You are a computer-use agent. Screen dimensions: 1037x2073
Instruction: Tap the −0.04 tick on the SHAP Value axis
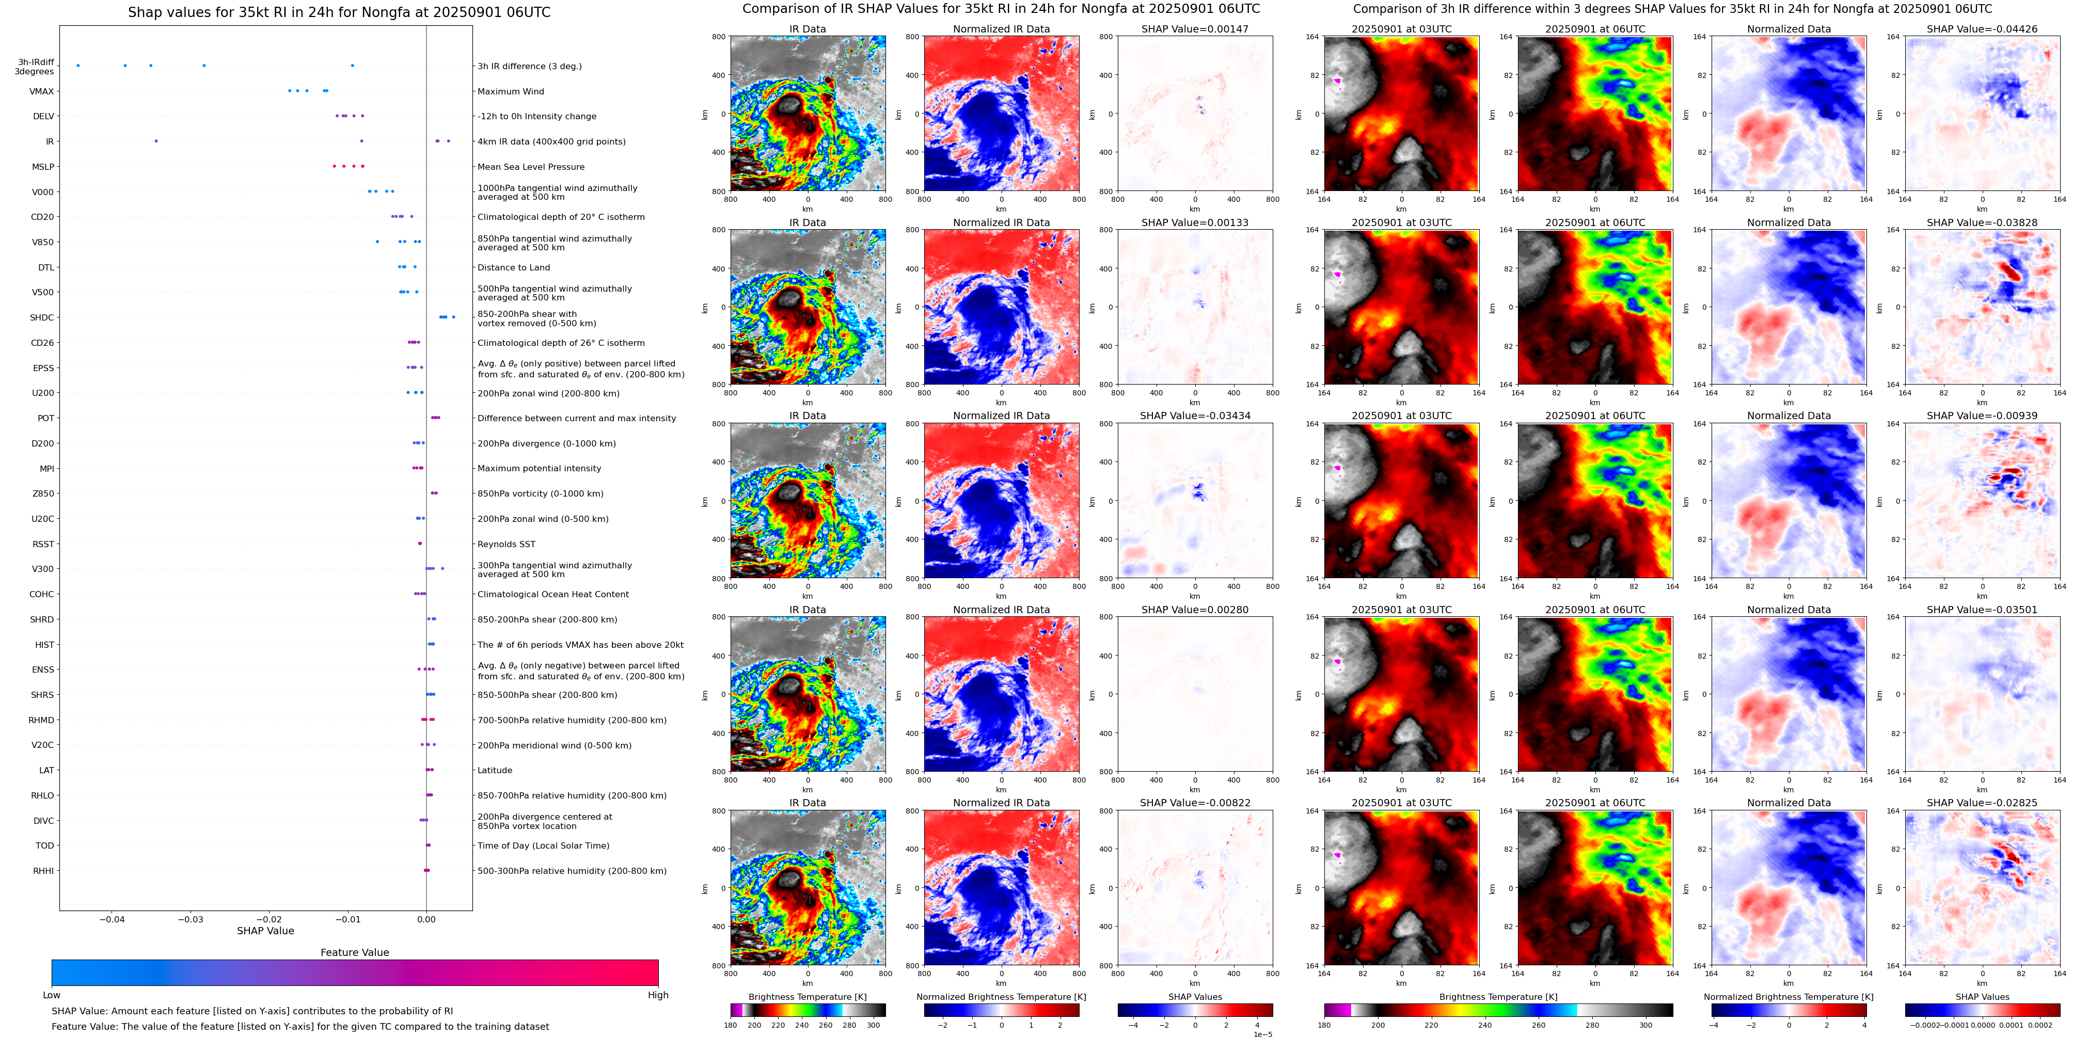point(112,919)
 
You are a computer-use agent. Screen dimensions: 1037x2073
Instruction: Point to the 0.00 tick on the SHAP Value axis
point(426,919)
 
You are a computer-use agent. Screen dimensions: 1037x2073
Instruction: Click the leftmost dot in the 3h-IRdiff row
point(78,65)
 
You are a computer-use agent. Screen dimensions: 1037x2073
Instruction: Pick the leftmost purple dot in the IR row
point(156,141)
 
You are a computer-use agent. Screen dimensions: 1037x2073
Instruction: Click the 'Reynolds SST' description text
point(506,545)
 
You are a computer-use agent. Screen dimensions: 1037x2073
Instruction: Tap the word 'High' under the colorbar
point(658,995)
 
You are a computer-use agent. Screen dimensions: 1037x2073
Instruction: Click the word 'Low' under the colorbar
point(52,995)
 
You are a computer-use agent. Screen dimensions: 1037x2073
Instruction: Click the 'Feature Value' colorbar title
point(355,952)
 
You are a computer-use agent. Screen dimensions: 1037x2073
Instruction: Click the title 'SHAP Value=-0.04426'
point(1982,29)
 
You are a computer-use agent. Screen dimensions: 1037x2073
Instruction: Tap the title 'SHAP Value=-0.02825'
point(1982,803)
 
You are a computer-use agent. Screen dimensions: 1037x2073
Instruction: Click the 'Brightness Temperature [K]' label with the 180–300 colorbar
point(807,997)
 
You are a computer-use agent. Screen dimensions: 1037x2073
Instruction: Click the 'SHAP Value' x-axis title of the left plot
point(265,931)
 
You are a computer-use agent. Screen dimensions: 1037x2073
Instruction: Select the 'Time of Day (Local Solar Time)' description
point(543,845)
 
